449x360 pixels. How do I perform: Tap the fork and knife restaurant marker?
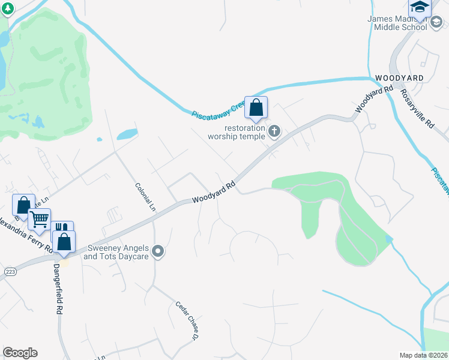point(62,230)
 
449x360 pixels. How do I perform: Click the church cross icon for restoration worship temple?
point(274,131)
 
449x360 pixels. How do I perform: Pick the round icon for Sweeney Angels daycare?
point(158,251)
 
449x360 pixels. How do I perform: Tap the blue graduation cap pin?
point(420,7)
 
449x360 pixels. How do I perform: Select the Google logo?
point(20,353)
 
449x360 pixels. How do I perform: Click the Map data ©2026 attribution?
point(424,355)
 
